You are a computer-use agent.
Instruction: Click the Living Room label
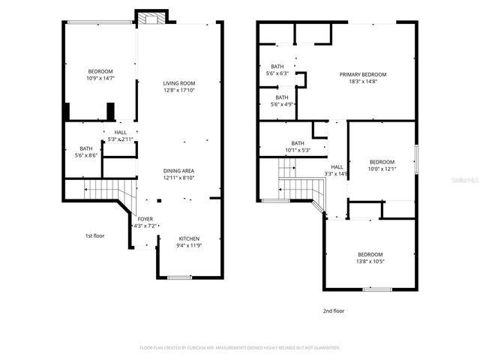[179, 83]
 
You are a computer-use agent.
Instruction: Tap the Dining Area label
[179, 171]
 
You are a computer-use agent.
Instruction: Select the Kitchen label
[188, 238]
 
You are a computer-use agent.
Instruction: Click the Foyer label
[145, 219]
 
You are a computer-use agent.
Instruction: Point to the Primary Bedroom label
[362, 74]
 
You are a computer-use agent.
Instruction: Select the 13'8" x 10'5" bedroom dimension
[371, 261]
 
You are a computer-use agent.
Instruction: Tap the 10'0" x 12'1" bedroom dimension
[381, 169]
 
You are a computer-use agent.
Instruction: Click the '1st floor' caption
[94, 235]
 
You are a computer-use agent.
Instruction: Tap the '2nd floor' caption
[334, 310]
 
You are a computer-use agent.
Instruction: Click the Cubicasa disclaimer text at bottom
[240, 348]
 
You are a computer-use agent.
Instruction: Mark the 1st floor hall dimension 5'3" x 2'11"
[120, 139]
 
